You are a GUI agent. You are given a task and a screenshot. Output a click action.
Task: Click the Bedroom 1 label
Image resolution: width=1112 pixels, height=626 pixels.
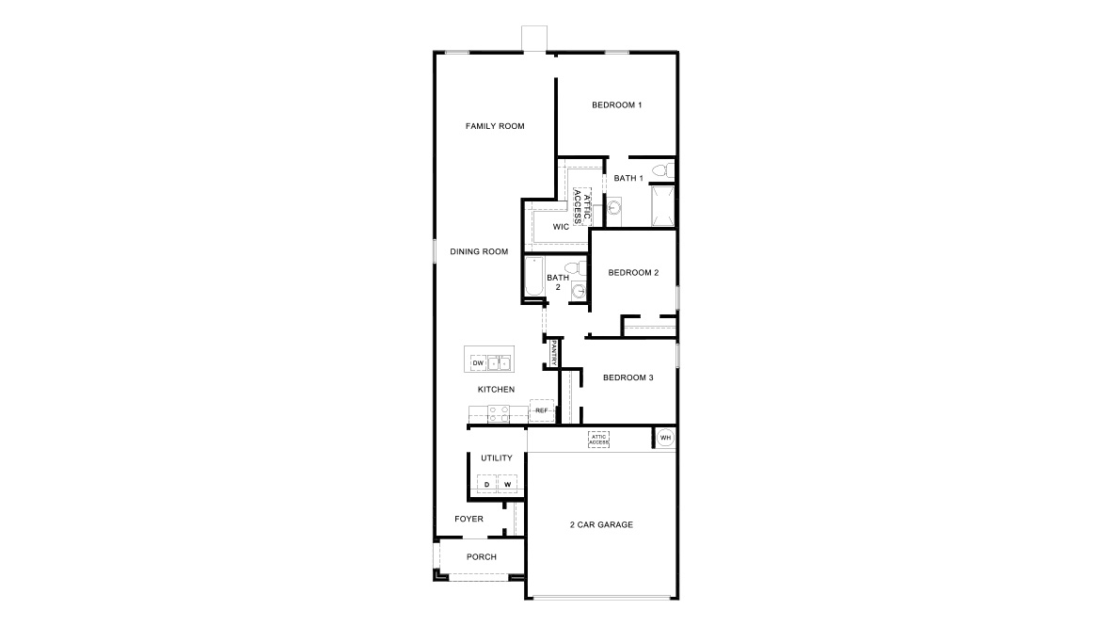(616, 105)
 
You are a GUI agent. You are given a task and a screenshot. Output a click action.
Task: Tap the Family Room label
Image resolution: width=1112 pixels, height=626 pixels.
(495, 126)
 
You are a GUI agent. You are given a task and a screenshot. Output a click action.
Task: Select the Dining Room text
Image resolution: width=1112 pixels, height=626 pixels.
(479, 251)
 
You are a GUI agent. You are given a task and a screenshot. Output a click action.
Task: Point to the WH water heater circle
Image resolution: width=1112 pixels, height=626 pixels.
(665, 438)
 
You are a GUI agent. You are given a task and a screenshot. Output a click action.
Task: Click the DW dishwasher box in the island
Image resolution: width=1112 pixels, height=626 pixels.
(478, 363)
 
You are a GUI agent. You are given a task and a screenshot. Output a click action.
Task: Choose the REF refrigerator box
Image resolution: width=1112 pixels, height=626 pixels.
(542, 411)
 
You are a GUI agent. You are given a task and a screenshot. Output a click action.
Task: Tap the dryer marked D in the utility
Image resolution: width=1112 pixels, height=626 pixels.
(486, 484)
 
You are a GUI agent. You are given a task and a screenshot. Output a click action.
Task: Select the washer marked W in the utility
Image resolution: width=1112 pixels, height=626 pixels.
(507, 484)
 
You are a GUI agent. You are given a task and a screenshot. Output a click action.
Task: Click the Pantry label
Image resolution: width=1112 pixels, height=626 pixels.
(554, 353)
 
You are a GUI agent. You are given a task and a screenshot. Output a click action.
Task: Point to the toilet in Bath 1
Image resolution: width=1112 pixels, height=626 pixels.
(663, 170)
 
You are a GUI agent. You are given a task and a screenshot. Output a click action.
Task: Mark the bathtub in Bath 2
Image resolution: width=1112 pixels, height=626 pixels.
(534, 278)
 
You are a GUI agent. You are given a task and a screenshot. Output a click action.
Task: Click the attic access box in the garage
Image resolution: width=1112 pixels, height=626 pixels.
(598, 440)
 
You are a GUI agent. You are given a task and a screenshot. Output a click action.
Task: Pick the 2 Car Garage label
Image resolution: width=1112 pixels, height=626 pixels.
(601, 525)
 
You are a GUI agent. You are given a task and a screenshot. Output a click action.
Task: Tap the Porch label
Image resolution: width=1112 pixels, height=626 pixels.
(482, 557)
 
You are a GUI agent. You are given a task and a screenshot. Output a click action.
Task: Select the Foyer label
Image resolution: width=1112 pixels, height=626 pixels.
(469, 519)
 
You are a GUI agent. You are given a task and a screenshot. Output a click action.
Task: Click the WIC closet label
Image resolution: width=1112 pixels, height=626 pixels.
(561, 227)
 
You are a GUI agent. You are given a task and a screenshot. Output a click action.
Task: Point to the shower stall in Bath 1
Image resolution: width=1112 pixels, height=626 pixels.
(663, 206)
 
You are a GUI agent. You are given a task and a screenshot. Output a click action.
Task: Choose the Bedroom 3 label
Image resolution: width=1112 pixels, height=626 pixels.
(628, 377)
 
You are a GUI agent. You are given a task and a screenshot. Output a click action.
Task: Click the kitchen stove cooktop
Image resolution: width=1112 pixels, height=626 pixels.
(499, 414)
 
